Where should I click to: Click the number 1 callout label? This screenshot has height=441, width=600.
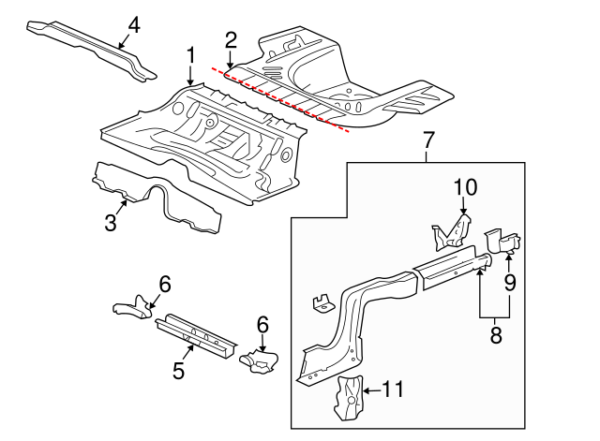190,56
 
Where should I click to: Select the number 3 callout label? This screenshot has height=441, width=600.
111,222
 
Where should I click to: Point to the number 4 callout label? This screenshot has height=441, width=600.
134,24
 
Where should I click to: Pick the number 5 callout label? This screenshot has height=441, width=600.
179,370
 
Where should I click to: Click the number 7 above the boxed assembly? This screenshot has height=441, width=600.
428,141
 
